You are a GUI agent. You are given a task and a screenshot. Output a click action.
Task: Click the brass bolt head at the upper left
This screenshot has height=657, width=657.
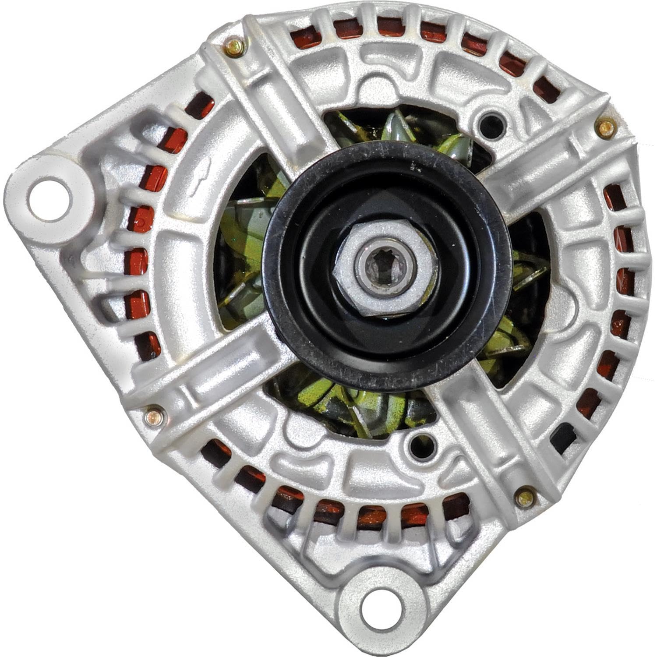(x=235, y=47)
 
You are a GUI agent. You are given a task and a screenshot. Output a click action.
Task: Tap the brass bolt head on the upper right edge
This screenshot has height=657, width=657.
(x=607, y=128)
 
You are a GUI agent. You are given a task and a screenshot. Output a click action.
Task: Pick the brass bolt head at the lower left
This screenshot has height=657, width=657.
(x=155, y=416)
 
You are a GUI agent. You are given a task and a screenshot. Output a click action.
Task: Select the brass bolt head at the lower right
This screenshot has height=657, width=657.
(x=525, y=497)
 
